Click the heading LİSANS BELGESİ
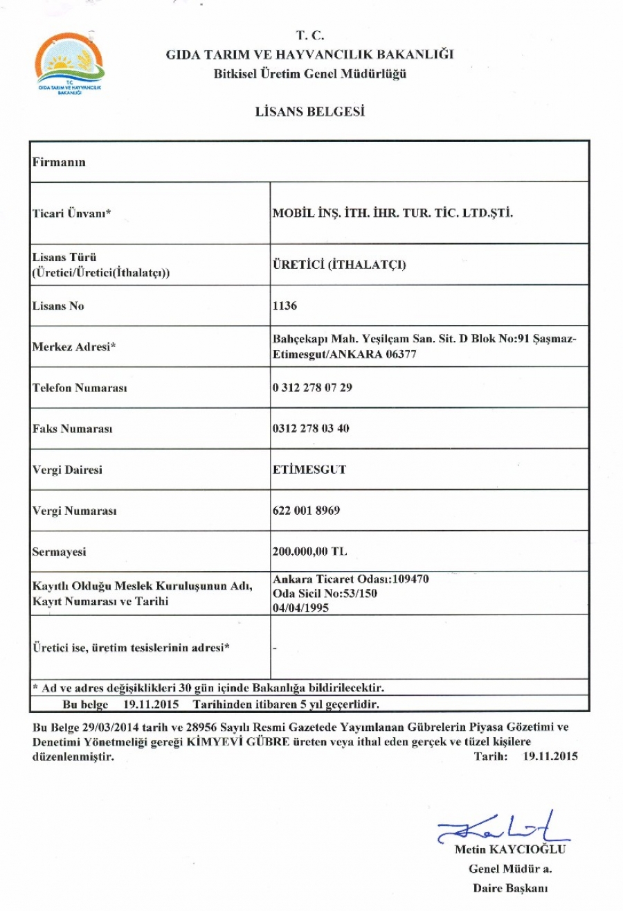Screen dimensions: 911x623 click(310, 111)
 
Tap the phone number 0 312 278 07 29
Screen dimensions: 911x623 click(313, 387)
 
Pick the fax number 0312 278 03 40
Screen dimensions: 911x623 click(311, 429)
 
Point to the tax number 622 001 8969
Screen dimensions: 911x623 click(307, 511)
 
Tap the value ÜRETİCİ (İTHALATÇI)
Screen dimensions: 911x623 click(339, 264)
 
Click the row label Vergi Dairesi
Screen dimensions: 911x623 click(68, 470)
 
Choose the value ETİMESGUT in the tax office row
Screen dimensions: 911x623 click(309, 470)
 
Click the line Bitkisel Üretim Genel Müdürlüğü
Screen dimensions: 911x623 click(310, 75)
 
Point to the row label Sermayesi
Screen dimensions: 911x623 click(57, 552)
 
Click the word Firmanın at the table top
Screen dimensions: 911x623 click(59, 162)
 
